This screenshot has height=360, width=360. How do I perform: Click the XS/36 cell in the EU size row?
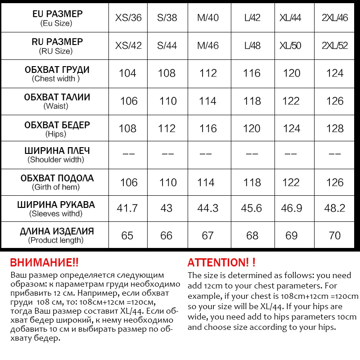pos(128,18)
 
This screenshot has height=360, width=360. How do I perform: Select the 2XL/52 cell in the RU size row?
pos(335,46)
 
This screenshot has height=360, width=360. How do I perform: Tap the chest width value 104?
pos(127,73)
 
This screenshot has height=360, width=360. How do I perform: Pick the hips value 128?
pos(335,129)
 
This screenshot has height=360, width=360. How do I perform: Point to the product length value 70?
pos(335,235)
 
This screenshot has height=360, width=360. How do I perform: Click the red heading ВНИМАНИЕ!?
pos(44,262)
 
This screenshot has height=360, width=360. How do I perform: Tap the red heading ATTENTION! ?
pos(221,262)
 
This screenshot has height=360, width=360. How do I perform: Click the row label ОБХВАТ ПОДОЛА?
pos(57,178)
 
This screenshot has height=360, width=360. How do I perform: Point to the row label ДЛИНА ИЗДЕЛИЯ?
pos(57,231)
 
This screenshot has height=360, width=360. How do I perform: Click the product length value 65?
pos(127,235)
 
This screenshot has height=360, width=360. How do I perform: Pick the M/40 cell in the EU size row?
pos(207,18)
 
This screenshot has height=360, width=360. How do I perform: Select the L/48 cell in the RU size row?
pos(252,46)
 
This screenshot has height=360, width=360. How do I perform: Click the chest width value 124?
pos(335,73)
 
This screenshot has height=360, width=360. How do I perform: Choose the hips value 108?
pos(127,129)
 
